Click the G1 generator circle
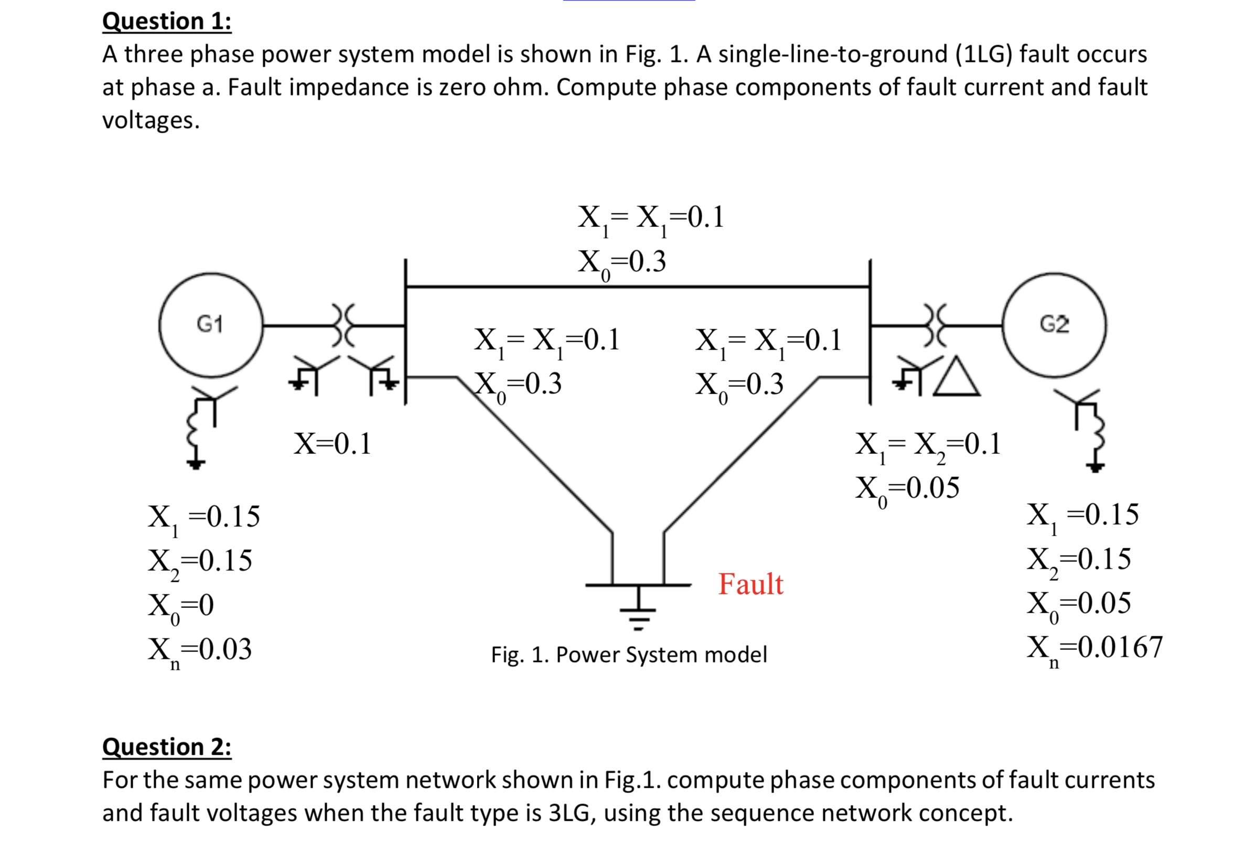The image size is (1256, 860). tap(211, 324)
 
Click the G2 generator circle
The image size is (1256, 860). tap(1054, 324)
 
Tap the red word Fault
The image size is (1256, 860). tap(750, 584)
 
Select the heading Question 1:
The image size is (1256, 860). tap(166, 21)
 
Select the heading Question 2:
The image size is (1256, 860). tap(166, 747)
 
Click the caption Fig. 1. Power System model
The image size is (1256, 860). tap(629, 655)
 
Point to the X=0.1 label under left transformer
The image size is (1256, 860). tap(332, 444)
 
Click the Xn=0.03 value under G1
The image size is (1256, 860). tap(200, 650)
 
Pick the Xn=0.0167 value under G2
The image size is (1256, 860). tap(1094, 648)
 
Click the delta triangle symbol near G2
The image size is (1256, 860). tap(956, 378)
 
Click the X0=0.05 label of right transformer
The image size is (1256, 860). tap(906, 489)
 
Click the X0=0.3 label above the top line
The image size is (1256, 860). tap(621, 262)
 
